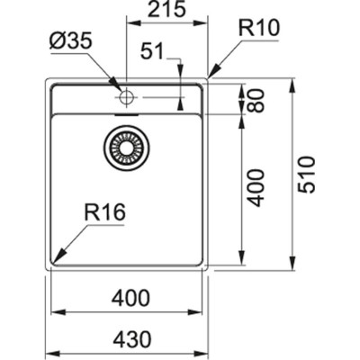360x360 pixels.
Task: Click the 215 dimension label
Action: pos(168,12)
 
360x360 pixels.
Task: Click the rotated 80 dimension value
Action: pos(258,99)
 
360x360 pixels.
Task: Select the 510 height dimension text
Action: pos(306,175)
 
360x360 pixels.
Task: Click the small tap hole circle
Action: pos(127,94)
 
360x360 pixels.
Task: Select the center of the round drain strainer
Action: pos(124,147)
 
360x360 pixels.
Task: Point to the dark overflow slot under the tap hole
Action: pos(127,113)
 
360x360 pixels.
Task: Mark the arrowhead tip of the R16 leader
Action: pos(54,261)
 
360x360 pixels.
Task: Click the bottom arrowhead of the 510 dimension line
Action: pos(292,267)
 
